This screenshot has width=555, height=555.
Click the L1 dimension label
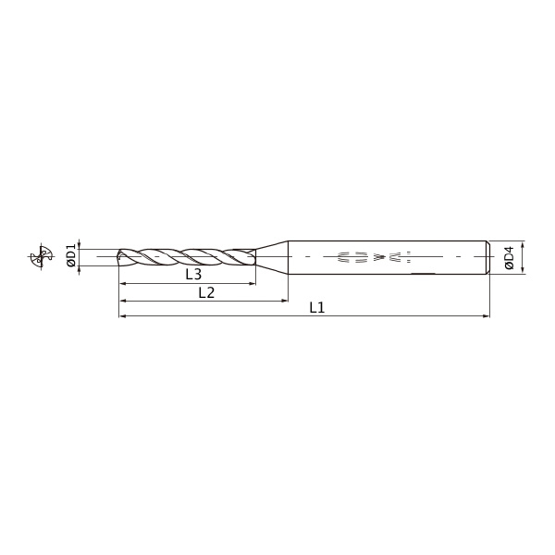pos(316,307)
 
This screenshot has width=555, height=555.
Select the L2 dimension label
pos(206,292)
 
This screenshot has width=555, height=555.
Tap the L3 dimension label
pos(192,275)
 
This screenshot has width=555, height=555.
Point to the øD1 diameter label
pos(71,256)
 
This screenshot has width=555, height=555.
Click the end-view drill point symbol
pos(41,256)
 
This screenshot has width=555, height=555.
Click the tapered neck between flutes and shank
pos(271,256)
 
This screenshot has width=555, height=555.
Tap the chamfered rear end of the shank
pos(487,256)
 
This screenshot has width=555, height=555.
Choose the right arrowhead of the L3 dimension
pos(253,283)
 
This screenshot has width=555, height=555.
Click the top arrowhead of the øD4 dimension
pos(524,243)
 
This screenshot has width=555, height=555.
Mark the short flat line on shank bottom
pos(422,274)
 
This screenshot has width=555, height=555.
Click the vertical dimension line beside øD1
pos(80,256)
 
